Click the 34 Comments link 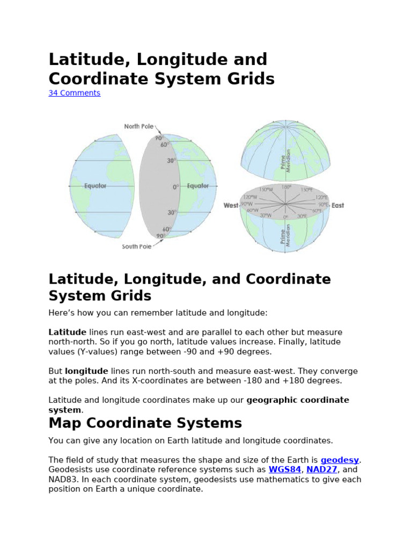[74, 93]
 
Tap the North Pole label [138, 127]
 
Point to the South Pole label [136, 247]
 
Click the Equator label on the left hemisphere [95, 186]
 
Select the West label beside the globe [231, 206]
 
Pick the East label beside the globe [338, 206]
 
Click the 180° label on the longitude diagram [286, 187]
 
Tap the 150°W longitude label [266, 190]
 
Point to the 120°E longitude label [321, 198]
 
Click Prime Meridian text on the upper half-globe [286, 160]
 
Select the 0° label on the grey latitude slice [175, 186]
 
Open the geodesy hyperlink [340, 460]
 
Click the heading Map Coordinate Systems [145, 423]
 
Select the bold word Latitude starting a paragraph [67, 332]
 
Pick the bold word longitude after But [86, 371]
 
